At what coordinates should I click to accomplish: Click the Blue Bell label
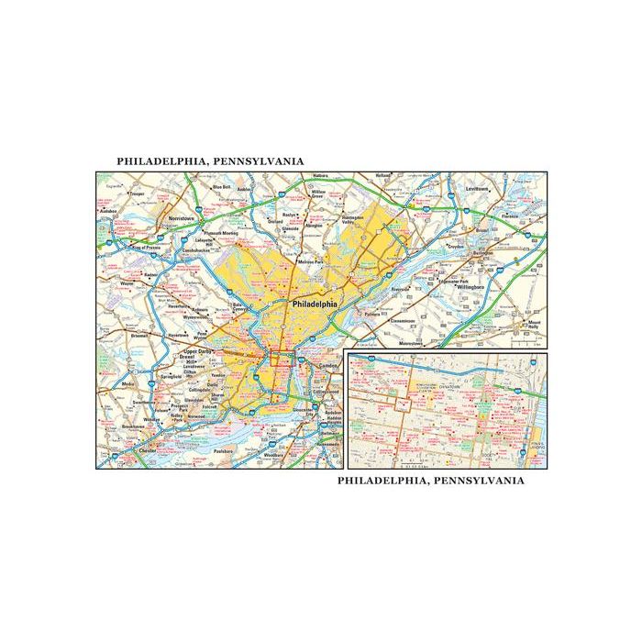[221, 187]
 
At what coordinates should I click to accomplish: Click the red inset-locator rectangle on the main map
[279, 359]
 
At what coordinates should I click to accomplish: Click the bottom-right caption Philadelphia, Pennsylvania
[431, 480]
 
